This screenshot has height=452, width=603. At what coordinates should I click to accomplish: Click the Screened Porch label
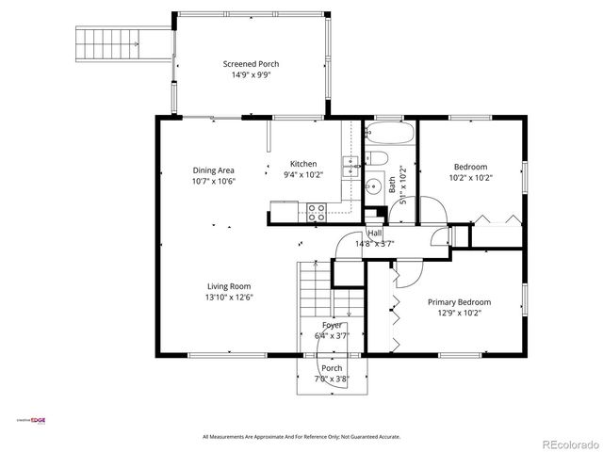click(251, 64)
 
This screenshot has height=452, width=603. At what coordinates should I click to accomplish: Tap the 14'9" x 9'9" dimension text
click(251, 76)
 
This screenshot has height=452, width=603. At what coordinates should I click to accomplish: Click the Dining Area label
click(213, 170)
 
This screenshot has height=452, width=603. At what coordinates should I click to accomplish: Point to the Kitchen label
click(302, 163)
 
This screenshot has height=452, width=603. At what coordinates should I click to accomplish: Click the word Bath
click(392, 185)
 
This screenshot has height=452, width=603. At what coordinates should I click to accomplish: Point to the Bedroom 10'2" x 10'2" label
click(471, 171)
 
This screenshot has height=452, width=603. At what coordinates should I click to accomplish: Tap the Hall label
click(374, 233)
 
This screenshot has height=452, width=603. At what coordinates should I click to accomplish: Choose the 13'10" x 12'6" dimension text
click(230, 298)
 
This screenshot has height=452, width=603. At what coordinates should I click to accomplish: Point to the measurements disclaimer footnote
click(301, 437)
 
